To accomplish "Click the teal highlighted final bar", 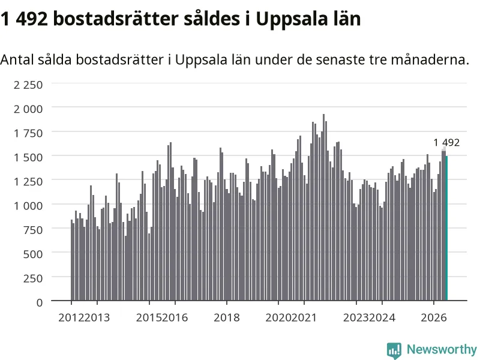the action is pyautogui.click(x=446, y=229).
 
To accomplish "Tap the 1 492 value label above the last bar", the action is pyautogui.click(x=446, y=143).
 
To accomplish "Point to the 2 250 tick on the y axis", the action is pyautogui.click(x=28, y=85).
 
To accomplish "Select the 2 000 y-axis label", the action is pyautogui.click(x=28, y=109).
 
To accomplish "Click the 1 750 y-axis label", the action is pyautogui.click(x=28, y=133).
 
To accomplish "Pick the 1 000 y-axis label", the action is pyautogui.click(x=28, y=206).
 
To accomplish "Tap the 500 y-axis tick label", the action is pyautogui.click(x=33, y=254).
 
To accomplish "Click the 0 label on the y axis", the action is pyautogui.click(x=40, y=302).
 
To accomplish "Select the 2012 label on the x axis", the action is pyautogui.click(x=71, y=317).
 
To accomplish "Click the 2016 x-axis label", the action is pyautogui.click(x=175, y=317).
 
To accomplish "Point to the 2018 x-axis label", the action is pyautogui.click(x=227, y=317).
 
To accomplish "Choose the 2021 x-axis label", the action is pyautogui.click(x=304, y=317).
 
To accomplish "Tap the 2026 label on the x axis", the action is pyautogui.click(x=434, y=317).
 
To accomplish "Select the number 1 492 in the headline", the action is pyautogui.click(x=24, y=19).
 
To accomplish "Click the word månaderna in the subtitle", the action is pyautogui.click(x=430, y=59).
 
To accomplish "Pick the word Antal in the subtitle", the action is pyautogui.click(x=17, y=59).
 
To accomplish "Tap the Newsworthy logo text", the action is pyautogui.click(x=442, y=349).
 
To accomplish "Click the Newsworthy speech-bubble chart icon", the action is pyautogui.click(x=394, y=350).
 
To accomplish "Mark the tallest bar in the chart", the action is pyautogui.click(x=323, y=207).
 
